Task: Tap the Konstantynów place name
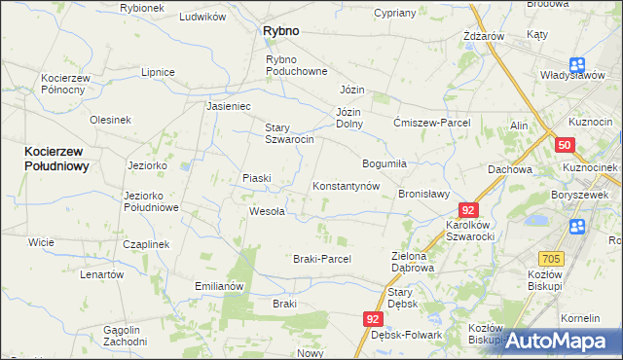(x=345, y=186)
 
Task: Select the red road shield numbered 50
(x=566, y=145)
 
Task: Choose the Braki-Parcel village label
(x=321, y=259)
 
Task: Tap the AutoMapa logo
(x=561, y=341)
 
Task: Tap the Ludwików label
(x=203, y=18)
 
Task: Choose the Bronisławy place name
(x=423, y=194)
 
